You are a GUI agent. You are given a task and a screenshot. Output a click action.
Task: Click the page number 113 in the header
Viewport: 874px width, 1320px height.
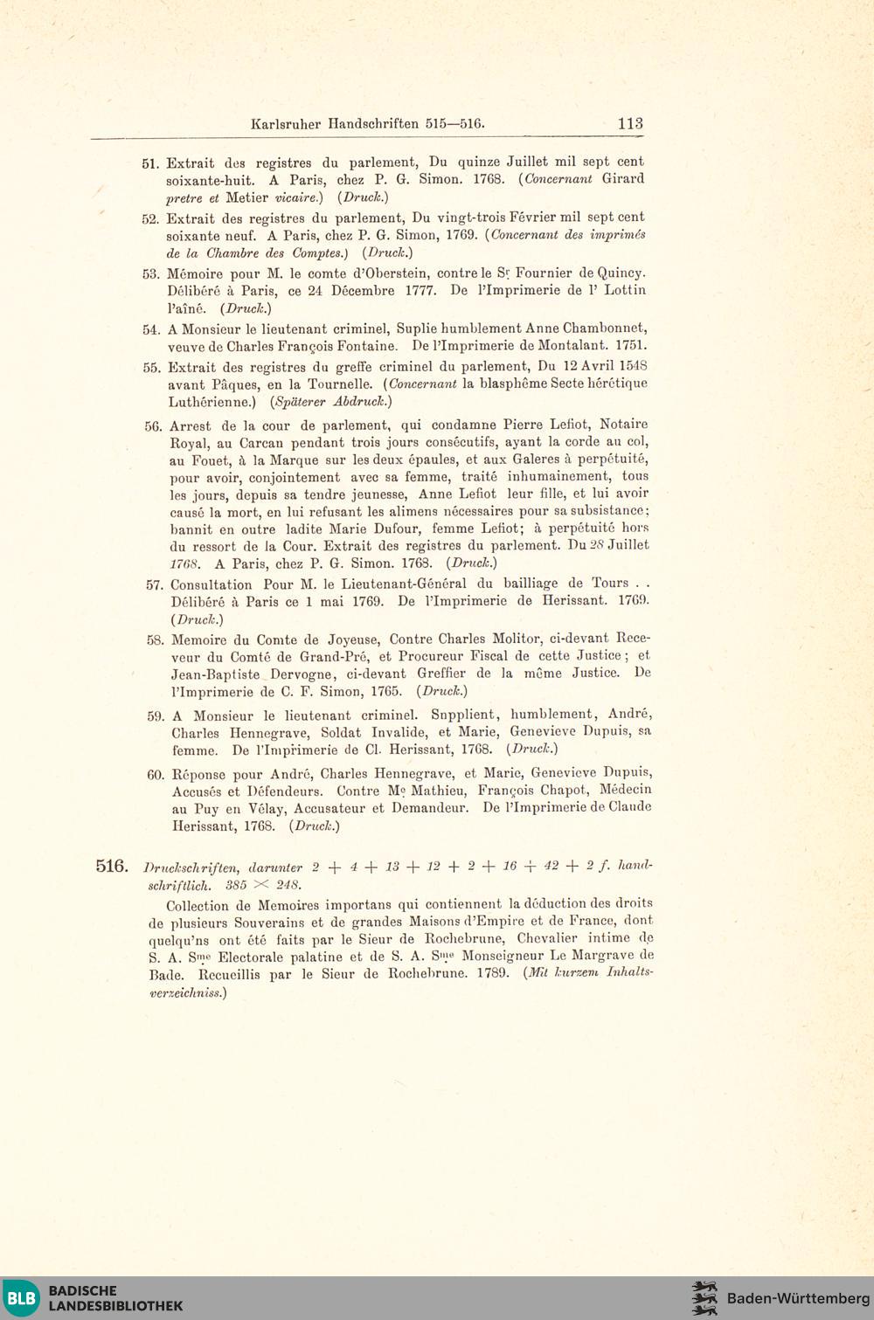tap(630, 123)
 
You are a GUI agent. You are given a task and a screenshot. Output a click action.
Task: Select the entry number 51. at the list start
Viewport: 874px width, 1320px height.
tap(150, 163)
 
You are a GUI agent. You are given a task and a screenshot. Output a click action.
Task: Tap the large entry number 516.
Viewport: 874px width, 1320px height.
tap(112, 866)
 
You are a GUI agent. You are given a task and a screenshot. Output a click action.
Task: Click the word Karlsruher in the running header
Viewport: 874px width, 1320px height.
tap(286, 124)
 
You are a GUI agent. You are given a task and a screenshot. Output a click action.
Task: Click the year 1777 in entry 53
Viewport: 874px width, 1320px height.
tap(420, 291)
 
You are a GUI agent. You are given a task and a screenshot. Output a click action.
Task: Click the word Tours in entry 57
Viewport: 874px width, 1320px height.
tap(610, 583)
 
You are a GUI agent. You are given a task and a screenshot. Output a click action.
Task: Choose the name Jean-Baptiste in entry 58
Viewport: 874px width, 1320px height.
tap(215, 674)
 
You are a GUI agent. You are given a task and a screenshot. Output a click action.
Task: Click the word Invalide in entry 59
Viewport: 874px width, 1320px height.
tap(399, 732)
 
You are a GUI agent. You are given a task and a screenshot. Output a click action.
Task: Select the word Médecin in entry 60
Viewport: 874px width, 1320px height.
tap(625, 790)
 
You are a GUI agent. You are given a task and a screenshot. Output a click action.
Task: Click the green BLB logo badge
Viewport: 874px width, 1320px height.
tap(21, 1297)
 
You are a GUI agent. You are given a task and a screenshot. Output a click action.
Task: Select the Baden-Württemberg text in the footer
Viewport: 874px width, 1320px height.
tap(798, 1298)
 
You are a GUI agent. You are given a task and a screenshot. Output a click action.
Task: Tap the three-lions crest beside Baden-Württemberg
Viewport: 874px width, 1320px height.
tap(704, 1298)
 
